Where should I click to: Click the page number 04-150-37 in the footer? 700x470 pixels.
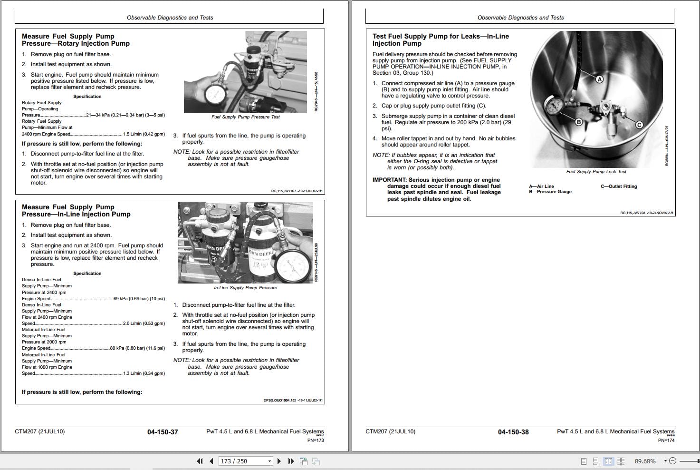pyautogui.click(x=163, y=432)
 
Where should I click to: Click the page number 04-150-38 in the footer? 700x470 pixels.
pyautogui.click(x=513, y=432)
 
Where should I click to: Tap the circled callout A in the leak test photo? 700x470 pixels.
pyautogui.click(x=599, y=79)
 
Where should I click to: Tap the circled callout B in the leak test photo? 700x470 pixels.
pyautogui.click(x=579, y=122)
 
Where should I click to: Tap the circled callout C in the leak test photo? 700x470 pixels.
pyautogui.click(x=639, y=125)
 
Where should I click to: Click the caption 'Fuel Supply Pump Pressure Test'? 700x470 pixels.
pyautogui.click(x=245, y=117)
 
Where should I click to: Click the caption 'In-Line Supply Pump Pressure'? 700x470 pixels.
pyautogui.click(x=245, y=288)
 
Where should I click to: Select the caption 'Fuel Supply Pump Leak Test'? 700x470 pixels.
pyautogui.click(x=596, y=172)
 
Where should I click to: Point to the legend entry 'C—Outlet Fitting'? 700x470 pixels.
pyautogui.click(x=619, y=186)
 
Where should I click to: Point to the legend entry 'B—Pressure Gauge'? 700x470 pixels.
pyautogui.click(x=550, y=192)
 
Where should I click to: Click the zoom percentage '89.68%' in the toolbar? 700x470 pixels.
pyautogui.click(x=645, y=461)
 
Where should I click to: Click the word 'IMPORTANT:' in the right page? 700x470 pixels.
pyautogui.click(x=390, y=180)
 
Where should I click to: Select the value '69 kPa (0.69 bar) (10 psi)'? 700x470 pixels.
pyautogui.click(x=139, y=299)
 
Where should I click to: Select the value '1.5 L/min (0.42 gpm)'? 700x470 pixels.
pyautogui.click(x=144, y=134)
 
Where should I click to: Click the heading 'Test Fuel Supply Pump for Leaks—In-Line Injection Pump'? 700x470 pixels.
pyautogui.click(x=441, y=39)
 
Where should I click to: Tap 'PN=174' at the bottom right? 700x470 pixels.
pyautogui.click(x=666, y=441)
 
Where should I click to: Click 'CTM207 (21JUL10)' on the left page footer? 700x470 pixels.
pyautogui.click(x=39, y=431)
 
